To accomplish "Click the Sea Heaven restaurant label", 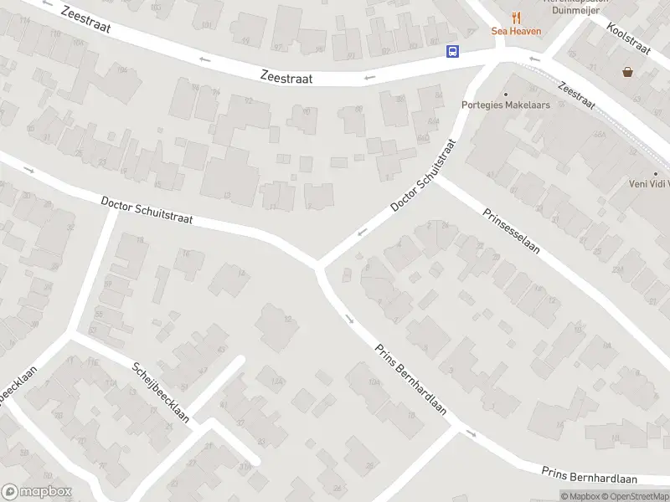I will (x=516, y=32).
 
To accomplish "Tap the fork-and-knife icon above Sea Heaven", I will (x=516, y=17).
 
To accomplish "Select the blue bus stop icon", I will (x=452, y=51).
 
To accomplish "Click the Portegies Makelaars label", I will (x=505, y=105).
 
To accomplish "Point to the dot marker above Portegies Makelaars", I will (x=505, y=94).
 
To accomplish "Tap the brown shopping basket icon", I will (x=627, y=72).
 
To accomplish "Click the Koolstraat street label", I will (x=629, y=38).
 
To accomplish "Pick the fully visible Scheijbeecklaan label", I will (x=161, y=392).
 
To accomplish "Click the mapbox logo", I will (x=36, y=492).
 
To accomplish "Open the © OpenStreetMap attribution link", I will (x=636, y=496).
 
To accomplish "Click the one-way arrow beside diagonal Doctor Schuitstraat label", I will (x=363, y=232).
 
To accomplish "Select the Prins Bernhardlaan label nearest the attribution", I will (x=589, y=476).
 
